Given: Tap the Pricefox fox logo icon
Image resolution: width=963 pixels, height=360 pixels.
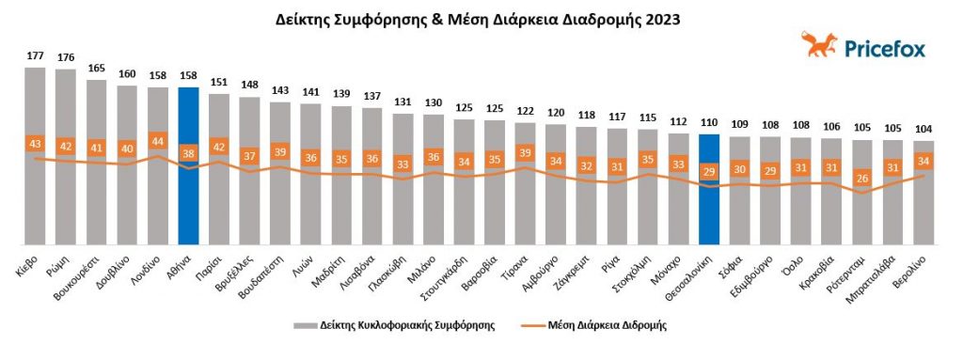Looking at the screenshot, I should [819, 43].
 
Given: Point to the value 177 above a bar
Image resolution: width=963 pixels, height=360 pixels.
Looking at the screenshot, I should [35, 56].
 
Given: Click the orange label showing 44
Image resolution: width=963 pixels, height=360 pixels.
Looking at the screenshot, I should [157, 141].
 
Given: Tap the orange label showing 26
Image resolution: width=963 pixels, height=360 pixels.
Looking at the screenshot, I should [861, 177].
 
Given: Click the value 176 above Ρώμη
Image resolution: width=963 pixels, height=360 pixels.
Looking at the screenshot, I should [66, 57].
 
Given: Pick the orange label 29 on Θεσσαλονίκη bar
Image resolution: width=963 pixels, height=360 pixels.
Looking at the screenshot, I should [709, 172].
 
